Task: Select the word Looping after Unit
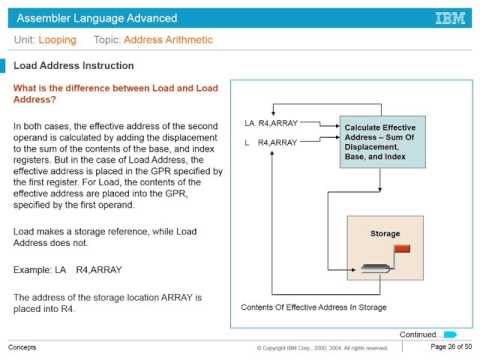[x=59, y=41]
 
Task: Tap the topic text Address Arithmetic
[x=168, y=41]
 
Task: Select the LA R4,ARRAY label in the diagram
[x=270, y=124]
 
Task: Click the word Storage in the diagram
[x=385, y=234]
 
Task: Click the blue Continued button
[x=450, y=333]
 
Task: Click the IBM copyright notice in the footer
[x=321, y=348]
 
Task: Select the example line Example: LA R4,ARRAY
[x=67, y=270]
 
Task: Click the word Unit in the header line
[x=24, y=41]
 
